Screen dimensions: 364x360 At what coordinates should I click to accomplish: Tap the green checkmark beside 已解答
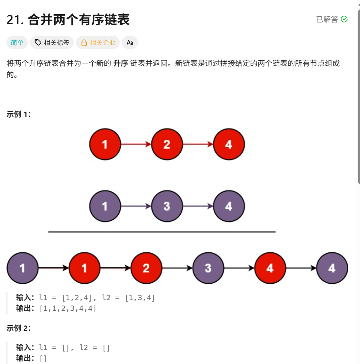[344, 19]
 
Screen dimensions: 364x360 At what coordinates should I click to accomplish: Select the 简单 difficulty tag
[17, 43]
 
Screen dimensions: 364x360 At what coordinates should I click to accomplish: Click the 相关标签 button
[52, 43]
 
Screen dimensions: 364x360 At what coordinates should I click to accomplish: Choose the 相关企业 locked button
[98, 43]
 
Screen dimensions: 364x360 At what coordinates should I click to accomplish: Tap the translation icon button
[130, 43]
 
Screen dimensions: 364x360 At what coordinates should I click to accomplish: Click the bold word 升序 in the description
[120, 64]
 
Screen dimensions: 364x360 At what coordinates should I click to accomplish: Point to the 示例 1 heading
[19, 114]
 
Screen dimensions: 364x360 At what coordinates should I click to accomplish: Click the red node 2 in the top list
[167, 144]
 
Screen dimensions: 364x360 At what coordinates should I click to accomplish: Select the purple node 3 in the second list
[167, 206]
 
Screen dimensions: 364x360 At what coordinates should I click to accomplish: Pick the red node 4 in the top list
[229, 144]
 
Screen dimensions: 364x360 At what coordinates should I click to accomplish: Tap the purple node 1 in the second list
[105, 206]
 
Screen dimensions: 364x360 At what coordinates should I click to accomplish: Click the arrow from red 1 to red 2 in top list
[136, 144]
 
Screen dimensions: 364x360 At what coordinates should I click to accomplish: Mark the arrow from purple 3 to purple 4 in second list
[198, 206]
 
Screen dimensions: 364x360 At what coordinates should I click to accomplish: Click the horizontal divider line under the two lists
[162, 232]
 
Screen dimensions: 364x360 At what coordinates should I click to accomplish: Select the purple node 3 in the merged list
[208, 268]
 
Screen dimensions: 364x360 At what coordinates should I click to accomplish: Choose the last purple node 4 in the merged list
[332, 268]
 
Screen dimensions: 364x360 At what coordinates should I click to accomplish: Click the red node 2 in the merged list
[146, 268]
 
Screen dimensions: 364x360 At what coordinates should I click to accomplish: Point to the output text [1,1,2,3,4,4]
[68, 308]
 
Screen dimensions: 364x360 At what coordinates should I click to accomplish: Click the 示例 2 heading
[19, 328]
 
